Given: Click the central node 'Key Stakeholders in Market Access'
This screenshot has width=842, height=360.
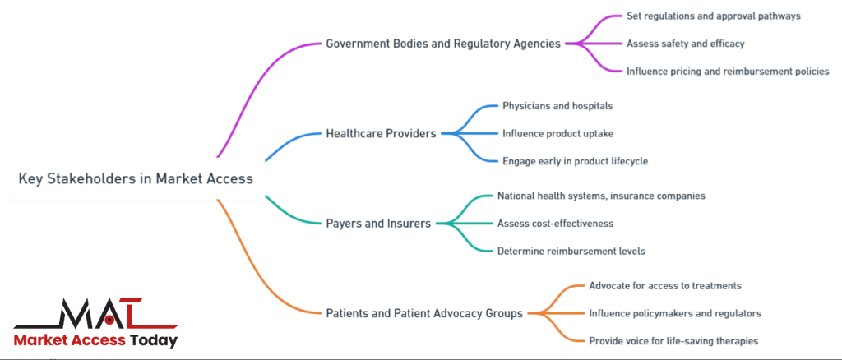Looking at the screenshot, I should [136, 178].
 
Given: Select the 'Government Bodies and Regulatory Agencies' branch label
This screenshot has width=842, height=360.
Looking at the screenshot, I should [444, 43].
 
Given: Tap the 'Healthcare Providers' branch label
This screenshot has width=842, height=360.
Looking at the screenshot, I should [381, 133].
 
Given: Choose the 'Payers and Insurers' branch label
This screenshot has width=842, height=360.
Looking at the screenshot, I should [378, 223].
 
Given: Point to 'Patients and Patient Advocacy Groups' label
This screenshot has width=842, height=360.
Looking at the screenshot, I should [424, 312].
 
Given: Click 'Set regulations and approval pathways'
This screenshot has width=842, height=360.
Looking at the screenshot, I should [713, 16].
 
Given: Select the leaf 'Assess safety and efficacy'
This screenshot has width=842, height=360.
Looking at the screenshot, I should [685, 43].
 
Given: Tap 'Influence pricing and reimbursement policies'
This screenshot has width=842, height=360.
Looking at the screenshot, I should [727, 71].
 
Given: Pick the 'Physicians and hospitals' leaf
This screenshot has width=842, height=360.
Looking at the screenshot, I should [557, 105].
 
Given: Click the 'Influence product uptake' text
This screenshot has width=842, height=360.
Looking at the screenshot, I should [558, 133].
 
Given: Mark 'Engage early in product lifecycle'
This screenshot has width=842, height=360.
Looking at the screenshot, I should [575, 161].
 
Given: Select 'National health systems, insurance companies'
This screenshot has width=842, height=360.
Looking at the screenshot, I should [601, 196].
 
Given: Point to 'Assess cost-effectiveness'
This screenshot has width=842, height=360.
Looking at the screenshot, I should [555, 223].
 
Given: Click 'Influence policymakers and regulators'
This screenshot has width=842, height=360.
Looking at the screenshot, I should [675, 313].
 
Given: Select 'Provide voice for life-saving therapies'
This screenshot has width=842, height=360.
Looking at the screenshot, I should [673, 340].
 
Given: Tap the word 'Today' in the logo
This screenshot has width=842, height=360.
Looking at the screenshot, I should [154, 339].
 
